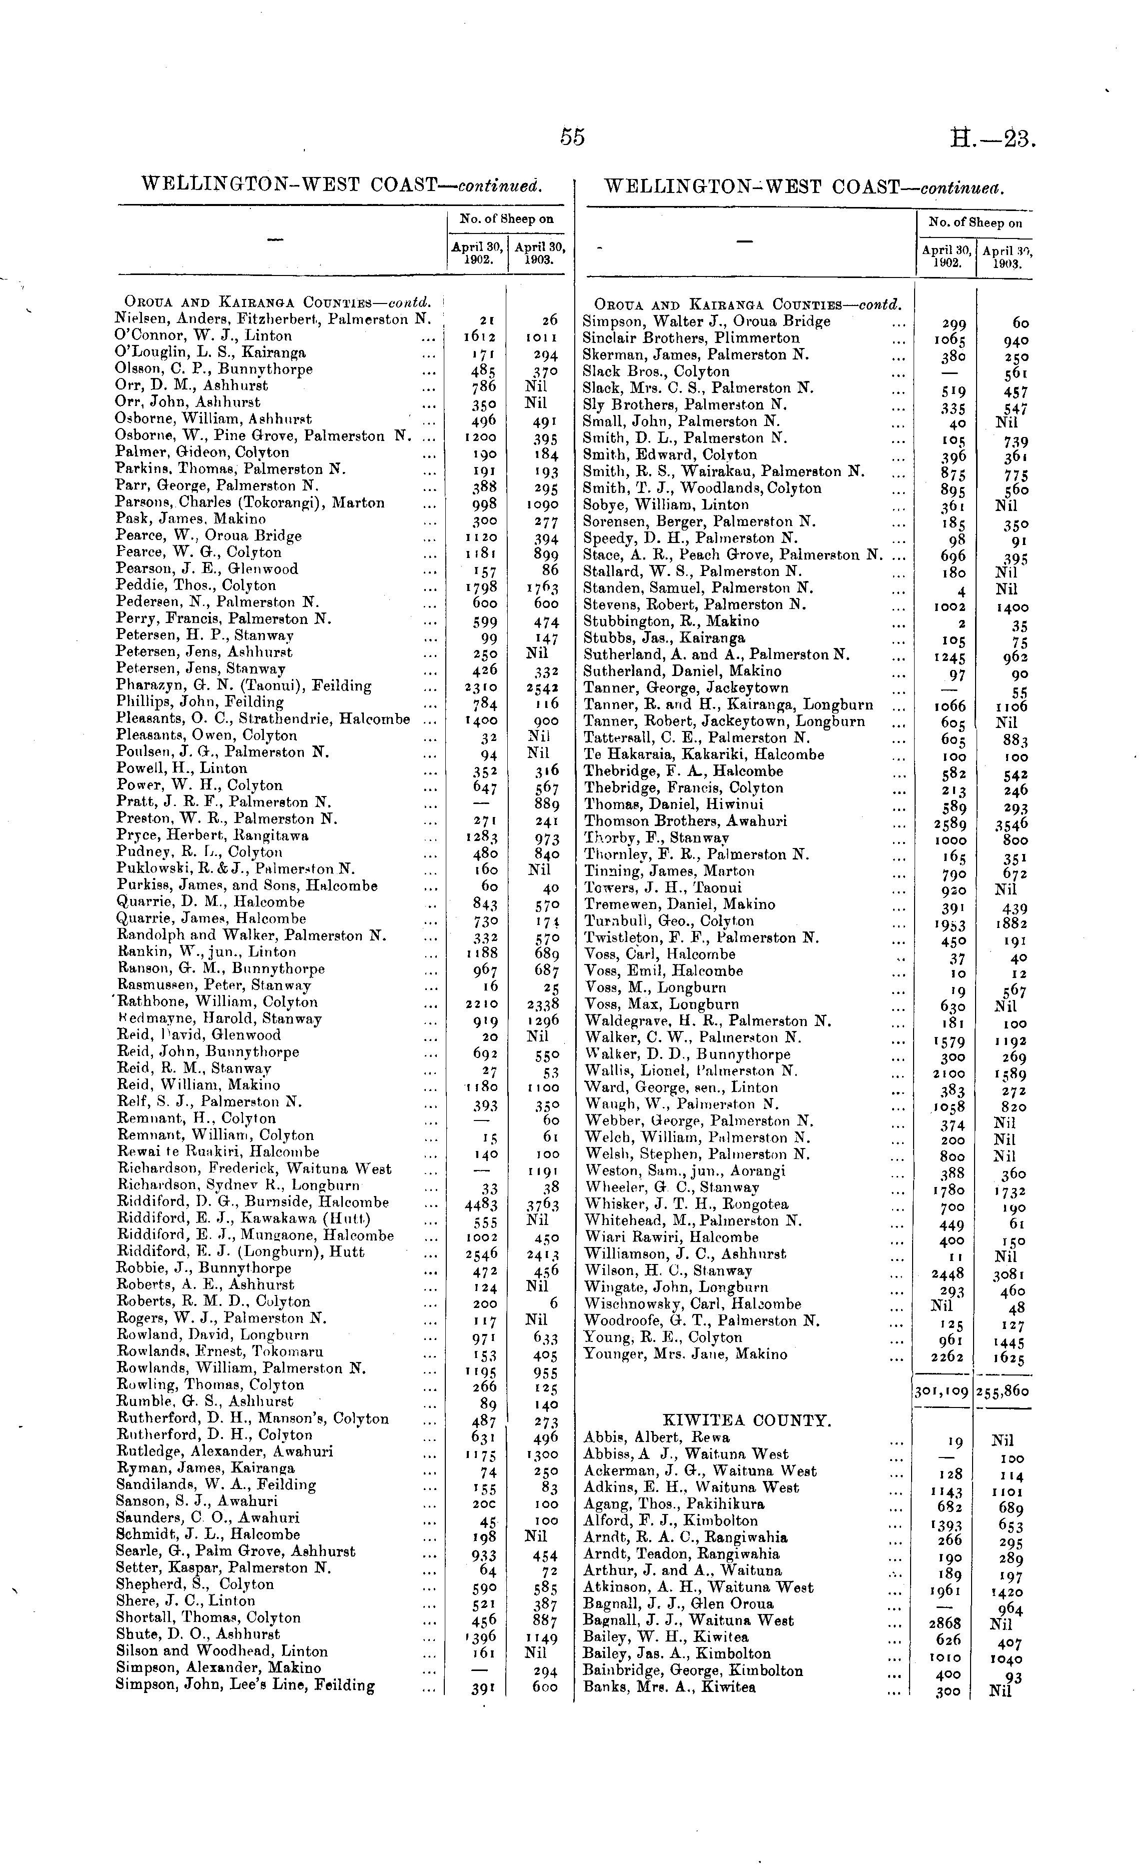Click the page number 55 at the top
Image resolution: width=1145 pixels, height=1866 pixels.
tap(573, 137)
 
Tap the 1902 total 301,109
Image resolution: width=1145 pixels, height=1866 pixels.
tap(942, 1391)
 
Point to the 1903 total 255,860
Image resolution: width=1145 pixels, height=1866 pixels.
tap(1004, 1391)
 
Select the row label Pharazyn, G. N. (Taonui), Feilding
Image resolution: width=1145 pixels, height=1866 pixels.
tap(244, 686)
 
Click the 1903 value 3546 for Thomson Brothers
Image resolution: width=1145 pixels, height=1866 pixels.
tap(1012, 823)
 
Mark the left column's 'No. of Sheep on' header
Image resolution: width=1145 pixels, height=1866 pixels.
tap(506, 219)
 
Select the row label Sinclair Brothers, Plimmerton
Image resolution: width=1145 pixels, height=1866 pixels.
tap(691, 338)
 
